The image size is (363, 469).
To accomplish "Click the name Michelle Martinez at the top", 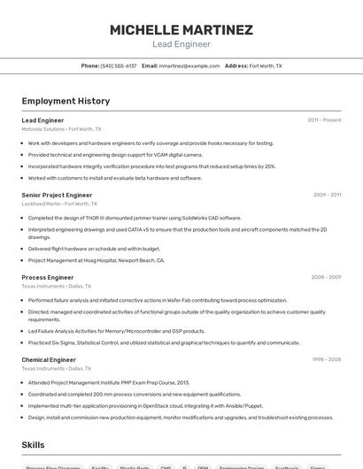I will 181,30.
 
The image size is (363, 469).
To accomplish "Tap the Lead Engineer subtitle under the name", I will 181,44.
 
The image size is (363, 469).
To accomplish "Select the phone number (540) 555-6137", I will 119,65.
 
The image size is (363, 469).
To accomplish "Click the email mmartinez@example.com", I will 189,65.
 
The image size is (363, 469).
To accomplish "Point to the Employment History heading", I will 66,101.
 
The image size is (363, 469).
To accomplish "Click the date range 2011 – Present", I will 324,119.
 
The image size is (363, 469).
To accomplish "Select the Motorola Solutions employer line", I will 62,128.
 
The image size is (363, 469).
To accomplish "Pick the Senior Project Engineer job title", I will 57,195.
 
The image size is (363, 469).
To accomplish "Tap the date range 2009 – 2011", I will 327,195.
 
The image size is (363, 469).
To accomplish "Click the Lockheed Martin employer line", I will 61,204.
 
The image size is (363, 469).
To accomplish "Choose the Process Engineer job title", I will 48,277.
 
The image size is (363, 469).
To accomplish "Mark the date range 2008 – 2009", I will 326,277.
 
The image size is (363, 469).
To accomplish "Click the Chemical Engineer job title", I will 49,360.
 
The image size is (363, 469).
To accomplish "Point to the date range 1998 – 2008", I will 326,360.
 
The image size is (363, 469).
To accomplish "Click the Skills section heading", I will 33,445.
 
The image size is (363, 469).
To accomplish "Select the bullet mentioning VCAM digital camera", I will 115,154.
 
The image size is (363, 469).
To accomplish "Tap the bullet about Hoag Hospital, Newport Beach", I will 96,260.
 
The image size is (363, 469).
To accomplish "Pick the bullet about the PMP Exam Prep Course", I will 109,382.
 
